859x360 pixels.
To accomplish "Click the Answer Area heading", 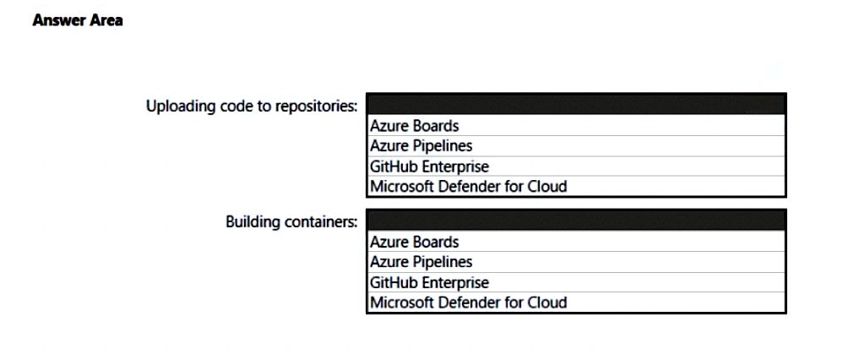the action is [78, 20].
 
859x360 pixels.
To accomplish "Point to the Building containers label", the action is [291, 222].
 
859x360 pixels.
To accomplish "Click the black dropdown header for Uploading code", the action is [576, 104].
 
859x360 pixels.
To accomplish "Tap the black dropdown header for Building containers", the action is [576, 221].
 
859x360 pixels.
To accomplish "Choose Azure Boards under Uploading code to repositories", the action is [415, 126].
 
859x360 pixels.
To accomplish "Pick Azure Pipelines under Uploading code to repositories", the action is [421, 146].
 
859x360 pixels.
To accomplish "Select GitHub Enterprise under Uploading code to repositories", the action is [429, 166].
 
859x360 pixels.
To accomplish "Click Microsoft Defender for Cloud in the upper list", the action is [469, 186].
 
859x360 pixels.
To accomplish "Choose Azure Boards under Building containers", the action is [415, 242].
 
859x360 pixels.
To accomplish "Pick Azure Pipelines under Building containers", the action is [421, 262].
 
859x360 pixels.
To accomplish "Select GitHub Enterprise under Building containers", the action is [429, 283].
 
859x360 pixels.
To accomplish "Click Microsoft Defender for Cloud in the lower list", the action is [469, 303].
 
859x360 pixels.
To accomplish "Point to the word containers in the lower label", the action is [322, 222].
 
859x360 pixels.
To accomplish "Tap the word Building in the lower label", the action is [254, 222].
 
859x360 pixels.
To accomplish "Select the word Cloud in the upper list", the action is [546, 186].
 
